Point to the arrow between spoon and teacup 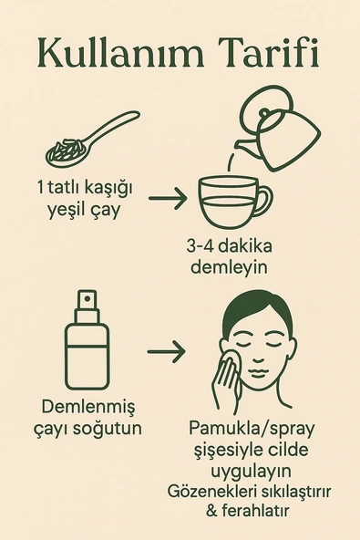[167, 196]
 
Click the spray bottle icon [87, 341]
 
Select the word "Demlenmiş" [88, 407]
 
